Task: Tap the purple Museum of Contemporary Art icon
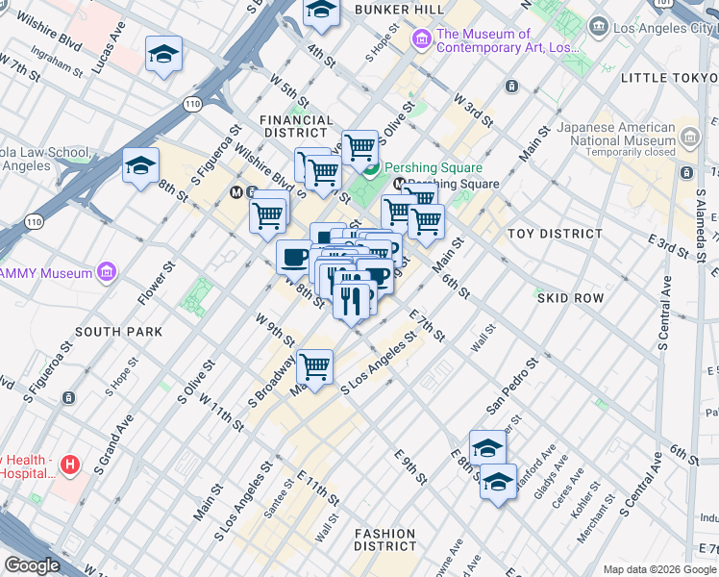(421, 40)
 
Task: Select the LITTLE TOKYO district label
(669, 77)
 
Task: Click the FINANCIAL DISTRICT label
(297, 126)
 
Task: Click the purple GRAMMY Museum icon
(107, 273)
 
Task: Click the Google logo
(32, 565)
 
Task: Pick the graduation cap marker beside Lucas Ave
(164, 55)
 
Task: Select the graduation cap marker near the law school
(140, 166)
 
